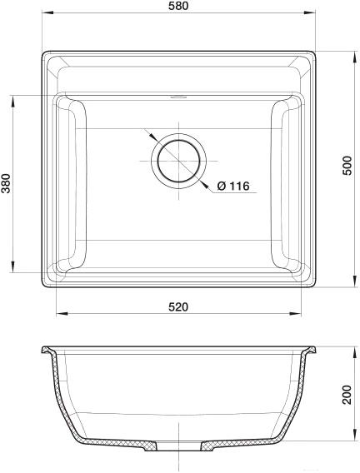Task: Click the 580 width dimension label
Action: (178, 6)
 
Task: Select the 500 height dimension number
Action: (347, 166)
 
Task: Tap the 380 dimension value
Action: (6, 183)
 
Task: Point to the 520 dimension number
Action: (178, 306)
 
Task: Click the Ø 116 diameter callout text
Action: (233, 186)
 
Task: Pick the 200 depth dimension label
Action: (347, 395)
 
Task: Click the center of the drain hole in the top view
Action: (178, 161)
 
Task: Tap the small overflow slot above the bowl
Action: (178, 97)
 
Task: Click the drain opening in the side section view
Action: (178, 446)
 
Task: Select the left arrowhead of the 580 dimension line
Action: (47, 12)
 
